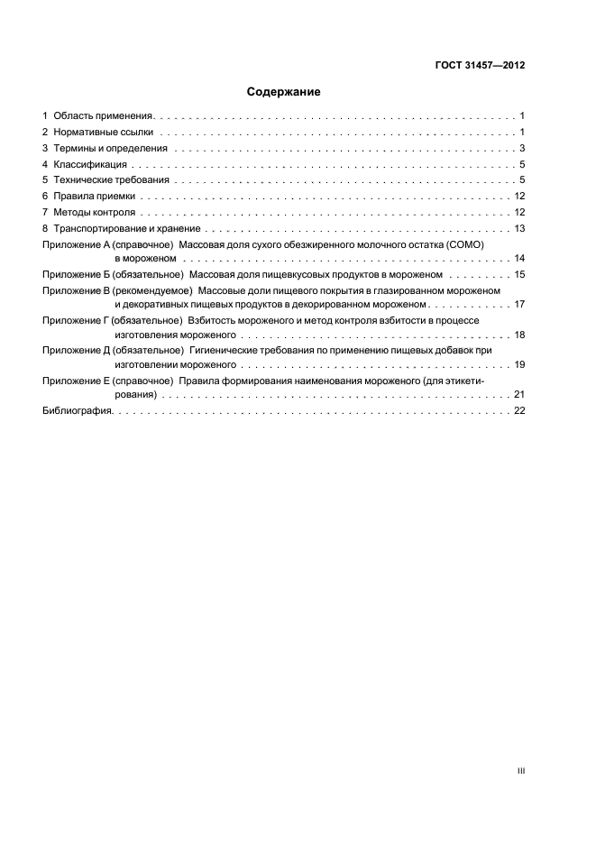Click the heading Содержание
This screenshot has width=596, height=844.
[284, 92]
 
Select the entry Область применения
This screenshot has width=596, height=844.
[104, 116]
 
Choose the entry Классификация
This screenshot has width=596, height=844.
[90, 165]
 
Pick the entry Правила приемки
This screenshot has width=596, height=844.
[94, 197]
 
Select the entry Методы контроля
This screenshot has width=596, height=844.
[95, 213]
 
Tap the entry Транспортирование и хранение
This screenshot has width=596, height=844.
[123, 229]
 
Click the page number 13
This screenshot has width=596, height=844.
[519, 229]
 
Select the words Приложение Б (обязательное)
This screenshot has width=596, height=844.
[113, 273]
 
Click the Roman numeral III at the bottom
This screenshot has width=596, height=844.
[520, 771]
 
